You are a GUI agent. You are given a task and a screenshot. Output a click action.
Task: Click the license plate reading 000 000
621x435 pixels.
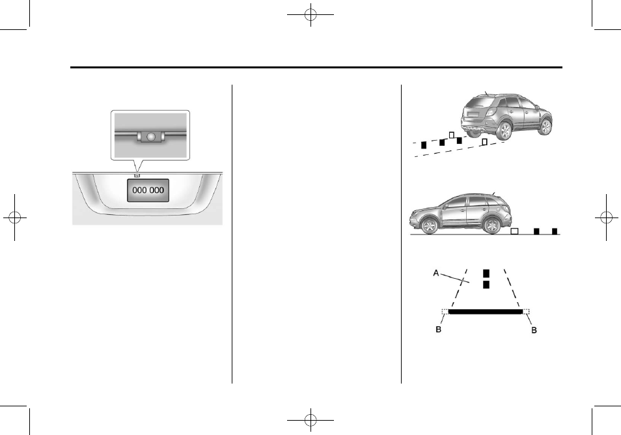[x=147, y=190]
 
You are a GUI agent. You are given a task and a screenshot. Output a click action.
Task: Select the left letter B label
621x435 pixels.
[x=437, y=331]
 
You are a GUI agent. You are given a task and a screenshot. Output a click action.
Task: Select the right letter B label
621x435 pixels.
[x=535, y=331]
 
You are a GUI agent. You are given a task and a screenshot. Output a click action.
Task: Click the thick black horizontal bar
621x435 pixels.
[x=486, y=312]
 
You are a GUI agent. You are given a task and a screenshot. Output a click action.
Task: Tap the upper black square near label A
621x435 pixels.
[x=486, y=274]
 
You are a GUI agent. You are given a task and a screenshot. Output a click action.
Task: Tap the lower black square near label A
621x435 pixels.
[x=486, y=285]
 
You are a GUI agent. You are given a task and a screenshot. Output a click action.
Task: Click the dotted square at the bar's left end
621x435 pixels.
[x=445, y=312]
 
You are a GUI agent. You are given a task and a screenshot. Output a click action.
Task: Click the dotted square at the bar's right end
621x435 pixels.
[x=527, y=312]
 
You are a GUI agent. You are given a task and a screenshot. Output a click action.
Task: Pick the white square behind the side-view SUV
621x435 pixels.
[x=514, y=231]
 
